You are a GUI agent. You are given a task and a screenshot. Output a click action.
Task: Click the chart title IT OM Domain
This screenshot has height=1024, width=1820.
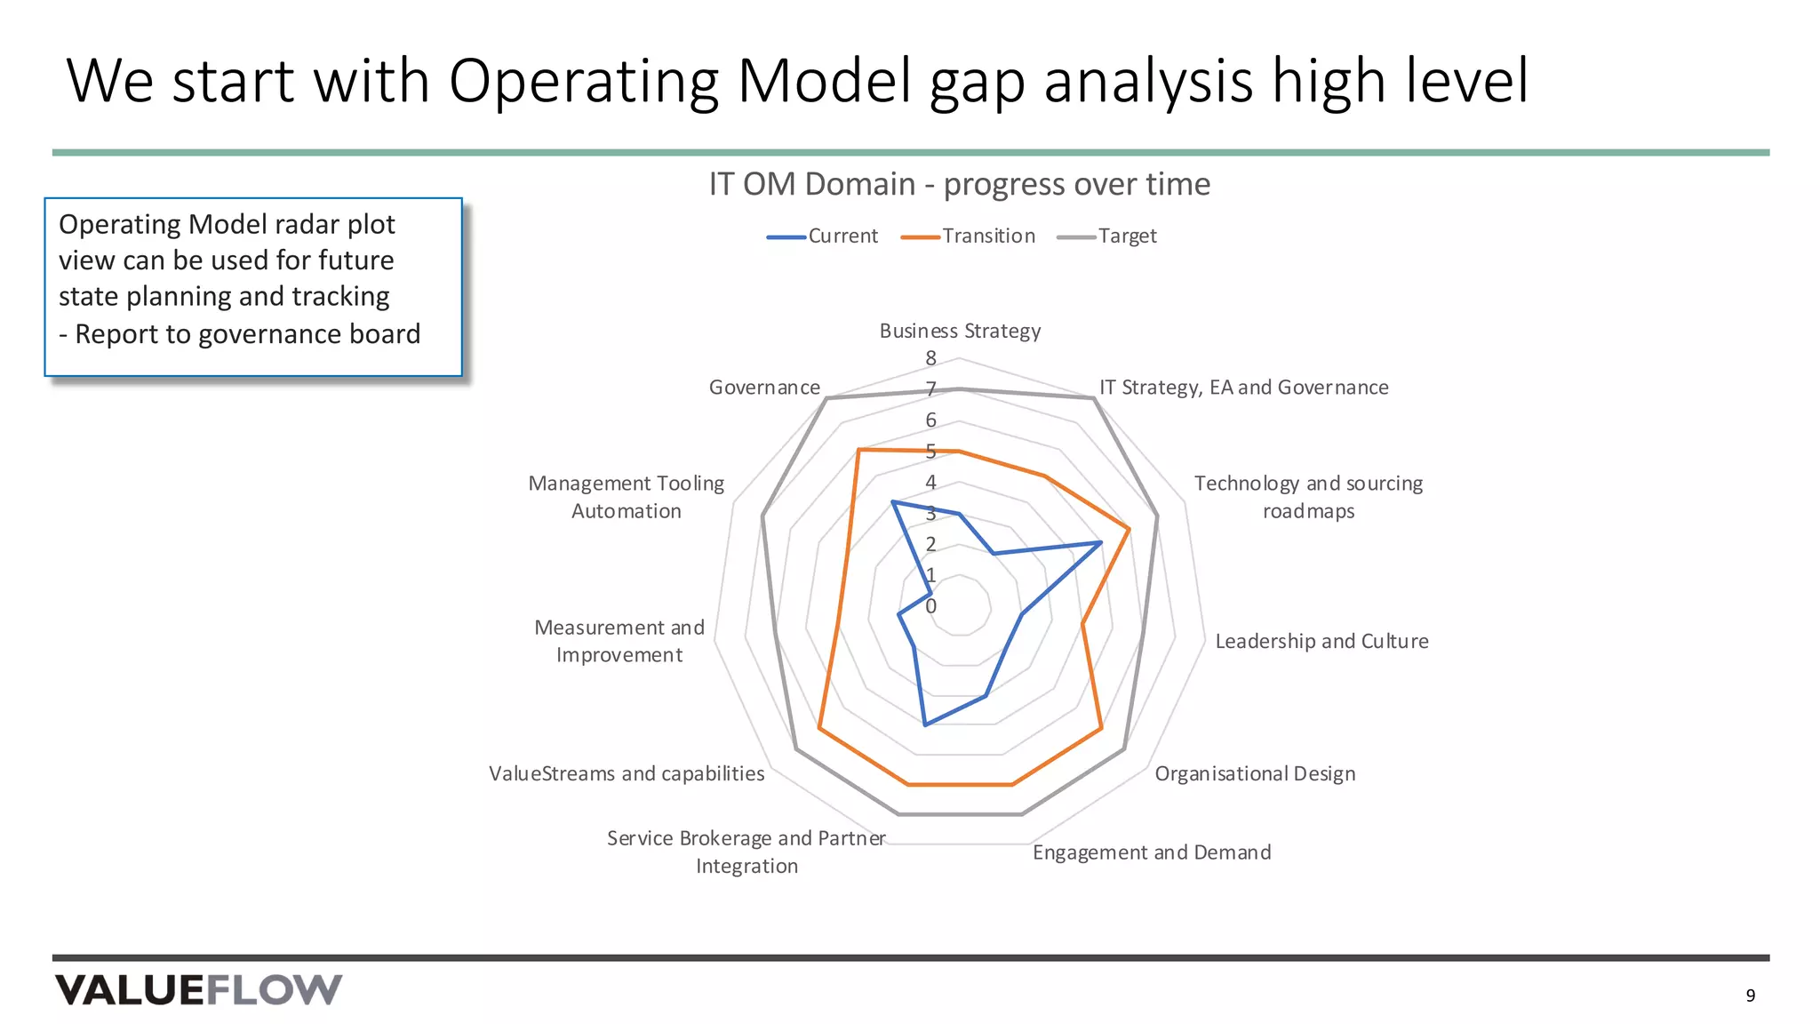click(x=959, y=184)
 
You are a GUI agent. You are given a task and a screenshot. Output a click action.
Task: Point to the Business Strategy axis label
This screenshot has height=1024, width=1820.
click(x=960, y=331)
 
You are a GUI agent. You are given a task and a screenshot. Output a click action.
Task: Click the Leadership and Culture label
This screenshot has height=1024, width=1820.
click(x=1321, y=641)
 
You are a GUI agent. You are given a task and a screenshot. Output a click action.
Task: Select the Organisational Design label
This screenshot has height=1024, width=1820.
click(x=1255, y=773)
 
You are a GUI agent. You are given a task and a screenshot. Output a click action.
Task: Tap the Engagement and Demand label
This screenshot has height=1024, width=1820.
click(x=1152, y=852)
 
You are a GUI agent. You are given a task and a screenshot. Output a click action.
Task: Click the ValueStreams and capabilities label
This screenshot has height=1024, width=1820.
click(x=627, y=773)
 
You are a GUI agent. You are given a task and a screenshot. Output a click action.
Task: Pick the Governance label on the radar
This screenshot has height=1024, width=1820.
click(x=764, y=388)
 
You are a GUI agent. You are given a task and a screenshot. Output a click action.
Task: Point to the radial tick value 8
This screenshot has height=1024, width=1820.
click(x=930, y=358)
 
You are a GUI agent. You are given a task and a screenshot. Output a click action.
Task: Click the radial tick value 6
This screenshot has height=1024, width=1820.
click(x=930, y=420)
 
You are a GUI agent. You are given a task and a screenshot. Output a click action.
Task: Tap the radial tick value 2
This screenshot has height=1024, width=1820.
click(x=930, y=544)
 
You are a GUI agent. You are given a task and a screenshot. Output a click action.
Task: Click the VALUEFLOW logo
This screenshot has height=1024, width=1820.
click(x=198, y=989)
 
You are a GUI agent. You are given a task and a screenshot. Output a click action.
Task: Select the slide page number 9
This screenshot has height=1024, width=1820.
click(x=1750, y=996)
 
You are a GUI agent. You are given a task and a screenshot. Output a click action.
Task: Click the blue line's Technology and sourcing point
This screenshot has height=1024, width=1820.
click(x=1101, y=542)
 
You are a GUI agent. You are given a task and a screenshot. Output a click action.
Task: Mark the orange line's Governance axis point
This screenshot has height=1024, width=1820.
click(x=858, y=451)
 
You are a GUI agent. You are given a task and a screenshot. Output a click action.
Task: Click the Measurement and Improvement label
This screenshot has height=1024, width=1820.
click(x=619, y=641)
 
